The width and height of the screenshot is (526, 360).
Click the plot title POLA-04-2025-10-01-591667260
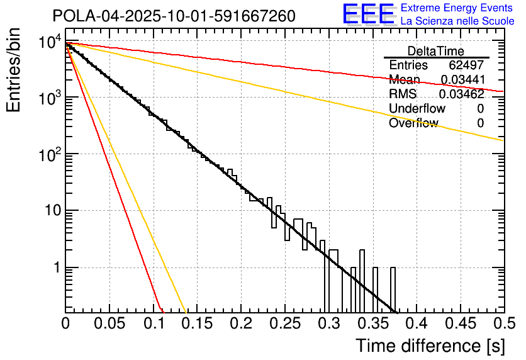coord(174,16)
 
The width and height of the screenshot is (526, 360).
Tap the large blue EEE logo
coord(368,15)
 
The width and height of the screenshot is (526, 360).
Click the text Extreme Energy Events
coord(457,8)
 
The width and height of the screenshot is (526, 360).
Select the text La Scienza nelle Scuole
coord(457,21)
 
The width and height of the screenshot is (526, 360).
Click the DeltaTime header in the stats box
coord(436,51)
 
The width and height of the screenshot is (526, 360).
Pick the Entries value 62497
coord(466,65)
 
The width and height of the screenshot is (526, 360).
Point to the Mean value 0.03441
coord(462,80)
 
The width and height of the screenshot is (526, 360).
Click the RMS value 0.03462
coord(461,94)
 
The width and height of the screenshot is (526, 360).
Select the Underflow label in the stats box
coord(417,109)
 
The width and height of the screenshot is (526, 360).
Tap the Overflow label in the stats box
coord(413,123)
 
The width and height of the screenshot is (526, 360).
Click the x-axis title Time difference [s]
coord(430,346)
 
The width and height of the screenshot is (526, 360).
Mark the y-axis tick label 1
coord(55,267)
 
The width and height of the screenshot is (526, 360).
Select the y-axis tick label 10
coord(50,211)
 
